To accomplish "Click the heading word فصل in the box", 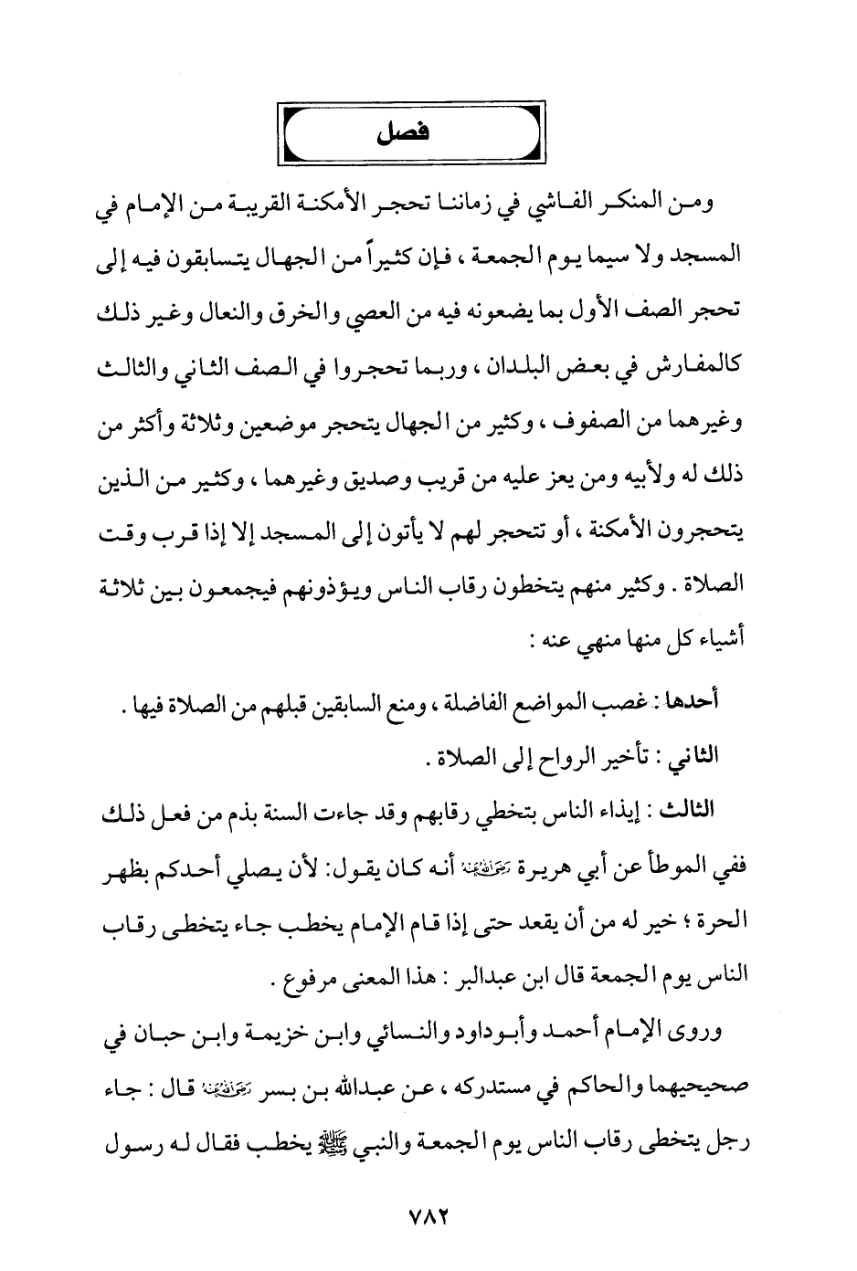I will click(x=402, y=132).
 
